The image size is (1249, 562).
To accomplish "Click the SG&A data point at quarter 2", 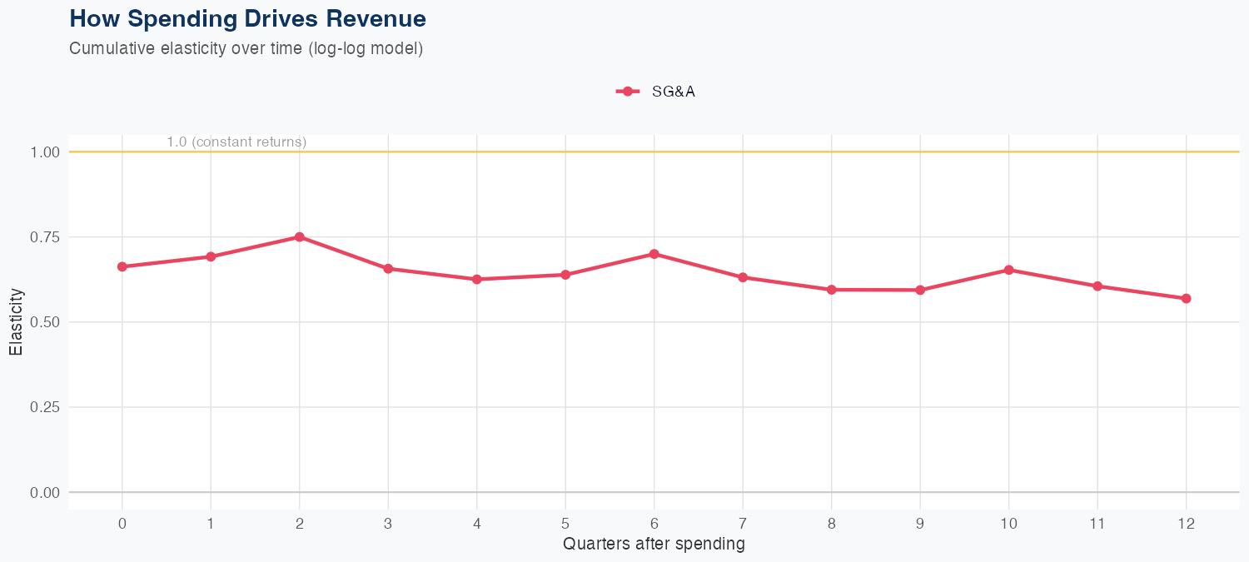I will (299, 237).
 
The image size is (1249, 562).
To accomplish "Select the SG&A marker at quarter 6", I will (654, 254).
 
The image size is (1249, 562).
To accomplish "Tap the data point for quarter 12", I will (1186, 298).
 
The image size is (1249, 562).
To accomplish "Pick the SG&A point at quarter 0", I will (122, 266).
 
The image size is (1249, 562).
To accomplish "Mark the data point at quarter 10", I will (1009, 270).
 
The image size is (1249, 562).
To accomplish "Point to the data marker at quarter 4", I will (477, 279).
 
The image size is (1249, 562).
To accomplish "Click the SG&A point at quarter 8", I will (831, 290).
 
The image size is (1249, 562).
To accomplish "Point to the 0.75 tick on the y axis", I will (45, 237).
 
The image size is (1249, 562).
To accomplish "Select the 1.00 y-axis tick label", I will (45, 152).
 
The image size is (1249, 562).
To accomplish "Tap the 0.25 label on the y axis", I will (45, 407).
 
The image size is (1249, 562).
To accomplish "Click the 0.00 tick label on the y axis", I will (45, 493).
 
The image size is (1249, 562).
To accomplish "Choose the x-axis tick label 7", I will (743, 524).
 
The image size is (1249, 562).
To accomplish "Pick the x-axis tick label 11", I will (1097, 524).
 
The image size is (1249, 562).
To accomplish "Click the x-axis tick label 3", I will (388, 524).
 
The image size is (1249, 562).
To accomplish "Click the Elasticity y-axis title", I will (16, 321).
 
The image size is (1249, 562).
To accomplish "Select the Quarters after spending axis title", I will (654, 545).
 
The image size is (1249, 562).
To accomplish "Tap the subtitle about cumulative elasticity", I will (246, 48).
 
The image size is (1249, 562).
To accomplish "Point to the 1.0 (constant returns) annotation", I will (236, 142).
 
